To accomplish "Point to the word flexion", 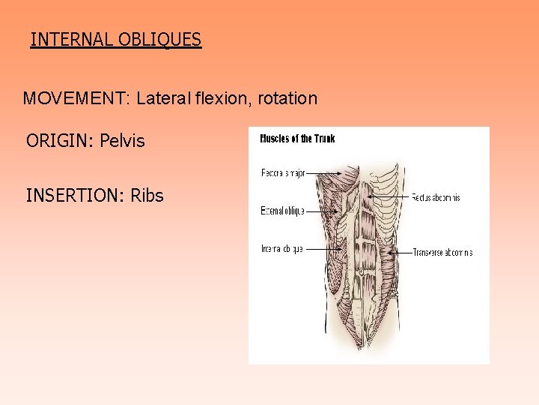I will (x=225, y=98).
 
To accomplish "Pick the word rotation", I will (x=288, y=98).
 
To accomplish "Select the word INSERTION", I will (x=73, y=196).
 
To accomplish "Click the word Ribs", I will (x=147, y=196).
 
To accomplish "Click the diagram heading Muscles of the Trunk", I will (x=297, y=139).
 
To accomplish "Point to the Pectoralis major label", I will (x=284, y=172).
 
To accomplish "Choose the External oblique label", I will (x=281, y=211).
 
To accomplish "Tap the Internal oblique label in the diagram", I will (x=281, y=249).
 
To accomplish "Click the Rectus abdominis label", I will (x=436, y=198).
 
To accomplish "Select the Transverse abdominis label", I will (x=442, y=253).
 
